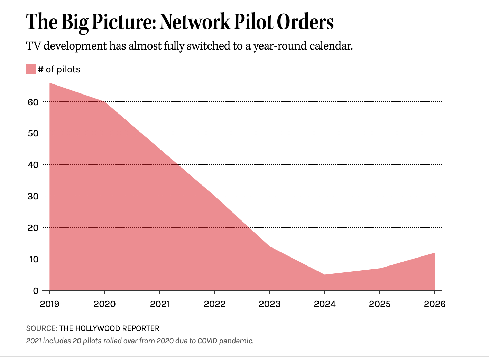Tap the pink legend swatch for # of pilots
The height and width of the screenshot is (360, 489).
coord(31,69)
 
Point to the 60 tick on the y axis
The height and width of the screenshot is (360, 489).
coord(33,102)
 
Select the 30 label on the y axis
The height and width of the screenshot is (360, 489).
coord(33,196)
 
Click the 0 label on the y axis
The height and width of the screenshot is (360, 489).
coord(36,291)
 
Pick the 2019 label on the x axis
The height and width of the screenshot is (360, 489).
coord(49,304)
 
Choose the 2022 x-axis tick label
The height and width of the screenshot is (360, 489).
coord(214,304)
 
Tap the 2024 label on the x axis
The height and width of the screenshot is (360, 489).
coord(324,304)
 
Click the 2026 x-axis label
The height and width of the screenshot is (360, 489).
coord(434,304)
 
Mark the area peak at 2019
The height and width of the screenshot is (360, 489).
coord(50,83)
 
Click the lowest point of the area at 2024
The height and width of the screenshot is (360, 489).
coord(324,275)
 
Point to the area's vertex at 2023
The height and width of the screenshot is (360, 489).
coord(269,246)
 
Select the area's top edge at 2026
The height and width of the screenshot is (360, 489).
coord(434,253)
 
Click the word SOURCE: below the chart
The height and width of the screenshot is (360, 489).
coord(41,328)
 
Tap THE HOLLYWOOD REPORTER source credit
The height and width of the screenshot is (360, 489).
coord(109,328)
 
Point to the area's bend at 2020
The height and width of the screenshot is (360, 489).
coord(104,102)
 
